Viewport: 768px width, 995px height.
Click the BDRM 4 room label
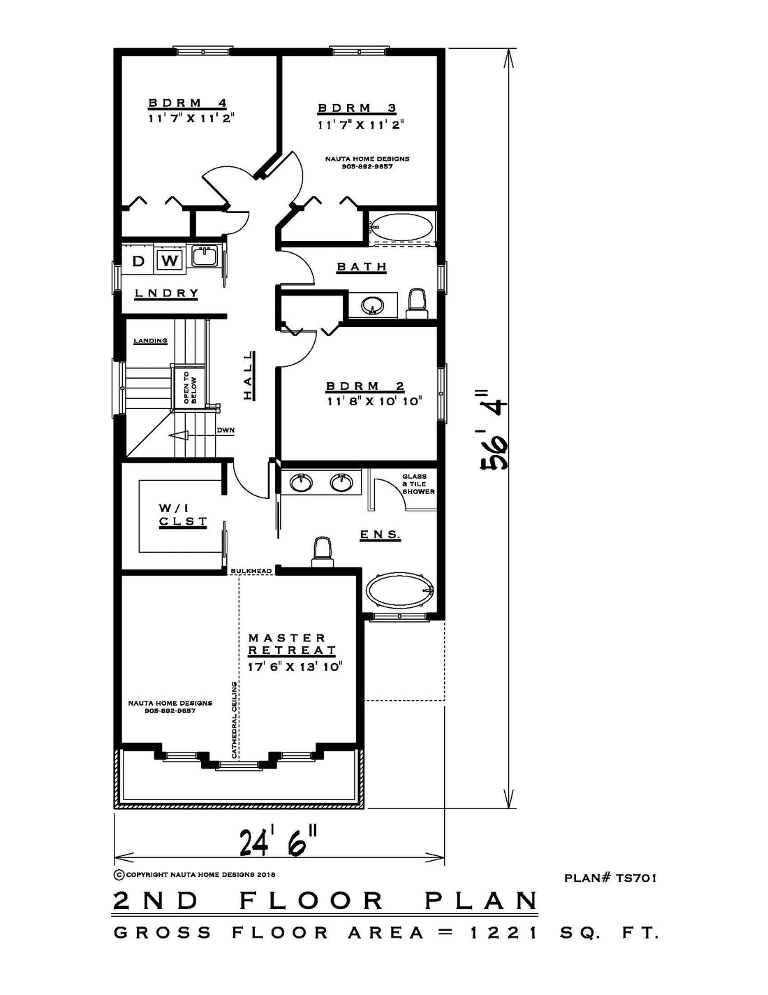pyautogui.click(x=188, y=103)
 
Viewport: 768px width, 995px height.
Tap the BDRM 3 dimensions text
pyautogui.click(x=361, y=124)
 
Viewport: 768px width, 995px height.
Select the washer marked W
pyautogui.click(x=170, y=261)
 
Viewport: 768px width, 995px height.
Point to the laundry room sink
pyautogui.click(x=204, y=256)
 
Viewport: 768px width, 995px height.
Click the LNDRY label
pyautogui.click(x=166, y=293)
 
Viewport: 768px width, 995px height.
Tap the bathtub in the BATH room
pyautogui.click(x=401, y=227)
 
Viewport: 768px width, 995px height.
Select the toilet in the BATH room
pyautogui.click(x=417, y=303)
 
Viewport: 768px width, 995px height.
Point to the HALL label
pyautogui.click(x=249, y=375)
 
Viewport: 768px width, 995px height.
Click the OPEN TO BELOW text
pyautogui.click(x=189, y=387)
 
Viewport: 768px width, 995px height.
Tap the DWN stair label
pyautogui.click(x=226, y=430)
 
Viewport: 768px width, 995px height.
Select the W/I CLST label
pyautogui.click(x=183, y=515)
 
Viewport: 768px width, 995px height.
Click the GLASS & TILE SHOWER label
pyautogui.click(x=418, y=484)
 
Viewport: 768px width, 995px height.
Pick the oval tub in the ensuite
pyautogui.click(x=400, y=591)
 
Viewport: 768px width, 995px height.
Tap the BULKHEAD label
pyautogui.click(x=251, y=571)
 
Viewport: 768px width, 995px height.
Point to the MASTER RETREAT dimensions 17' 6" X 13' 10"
pyautogui.click(x=295, y=667)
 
